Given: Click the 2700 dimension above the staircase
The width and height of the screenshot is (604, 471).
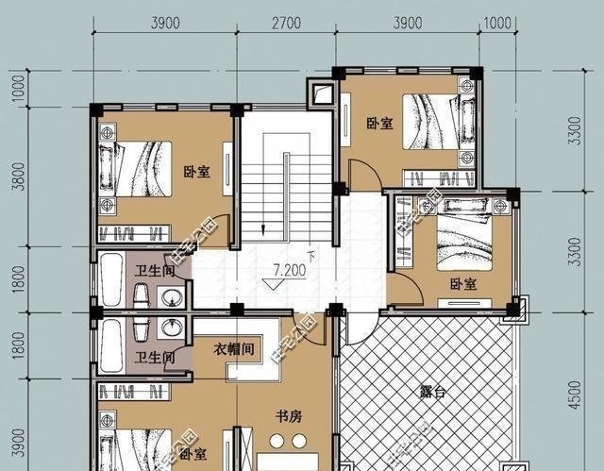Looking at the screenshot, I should pyautogui.click(x=285, y=23).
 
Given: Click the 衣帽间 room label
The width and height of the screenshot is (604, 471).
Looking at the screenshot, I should pyautogui.click(x=233, y=348).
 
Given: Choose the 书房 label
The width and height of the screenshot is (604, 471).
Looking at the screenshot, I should pyautogui.click(x=288, y=414).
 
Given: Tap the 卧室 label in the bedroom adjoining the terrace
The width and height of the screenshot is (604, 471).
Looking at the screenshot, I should pyautogui.click(x=461, y=284).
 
